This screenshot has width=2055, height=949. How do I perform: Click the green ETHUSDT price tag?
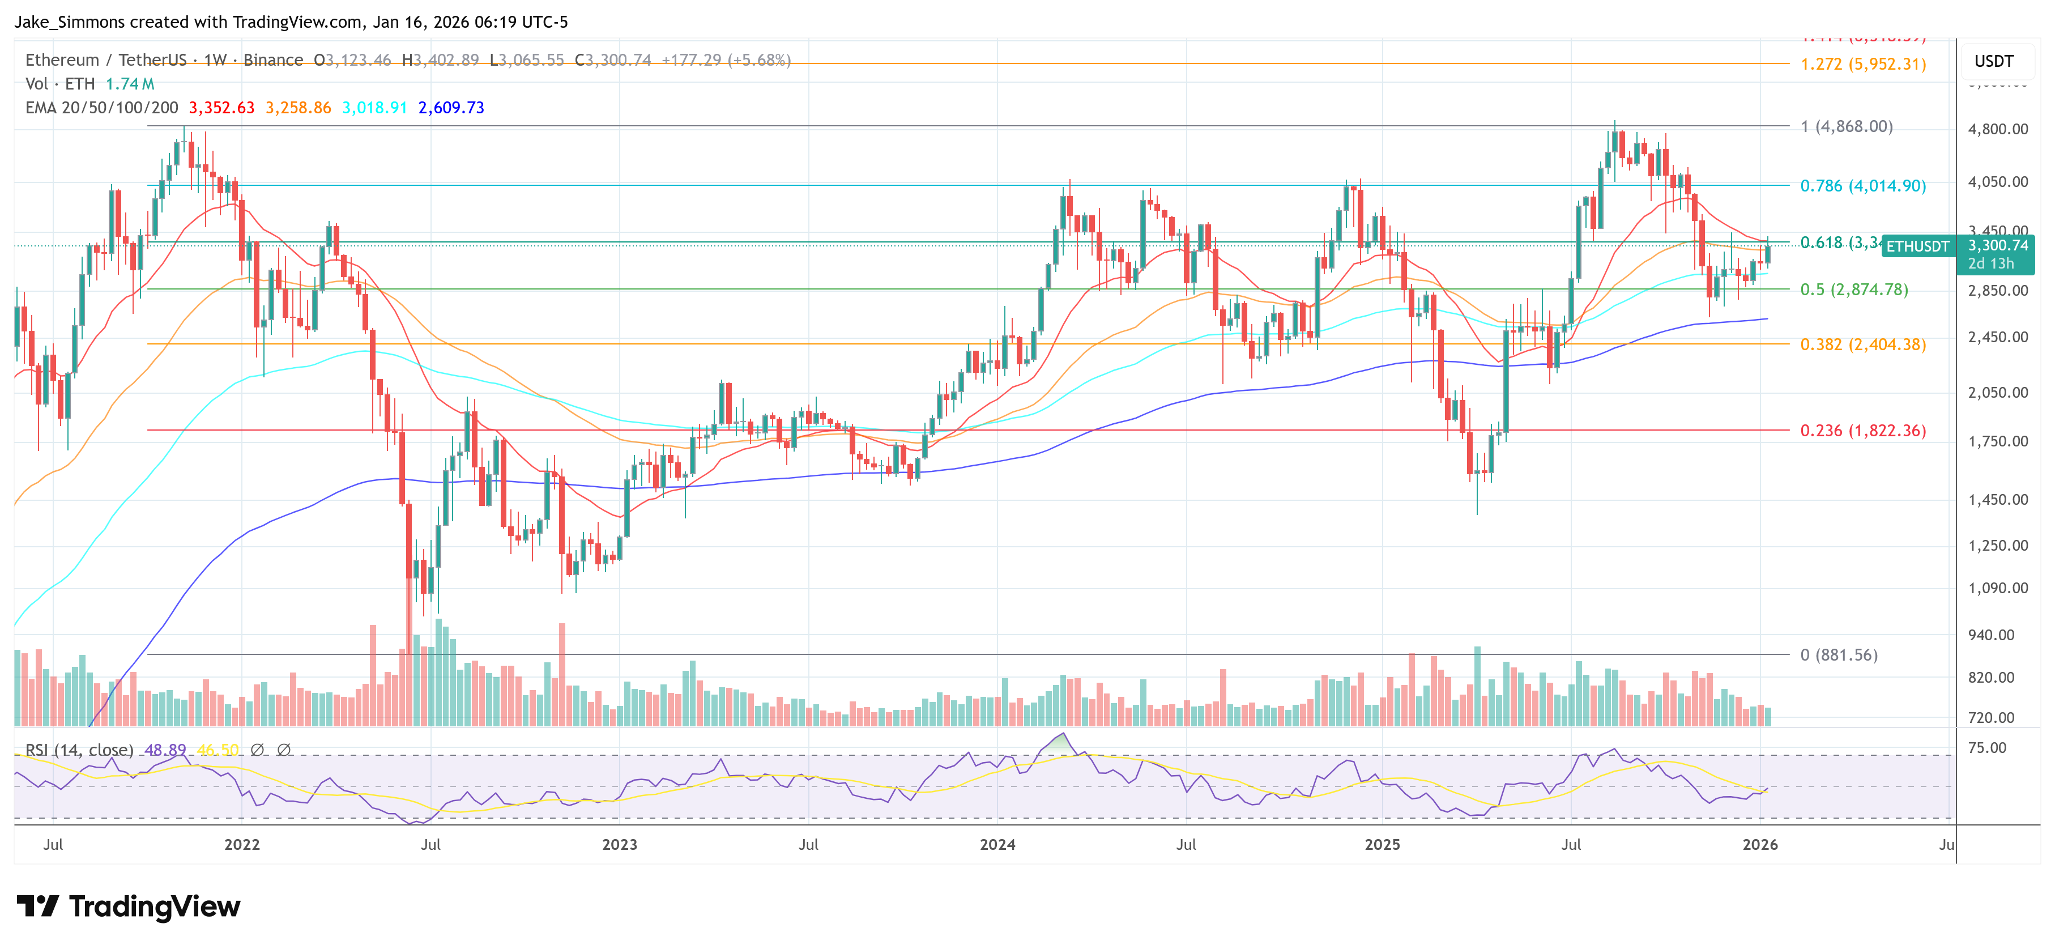1917,246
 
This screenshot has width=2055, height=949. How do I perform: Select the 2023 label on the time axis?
619,844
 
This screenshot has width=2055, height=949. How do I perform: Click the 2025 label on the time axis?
1382,844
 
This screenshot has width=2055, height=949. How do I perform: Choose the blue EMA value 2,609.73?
451,108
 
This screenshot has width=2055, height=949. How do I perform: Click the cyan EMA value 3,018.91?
374,108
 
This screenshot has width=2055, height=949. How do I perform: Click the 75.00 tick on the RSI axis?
1986,747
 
